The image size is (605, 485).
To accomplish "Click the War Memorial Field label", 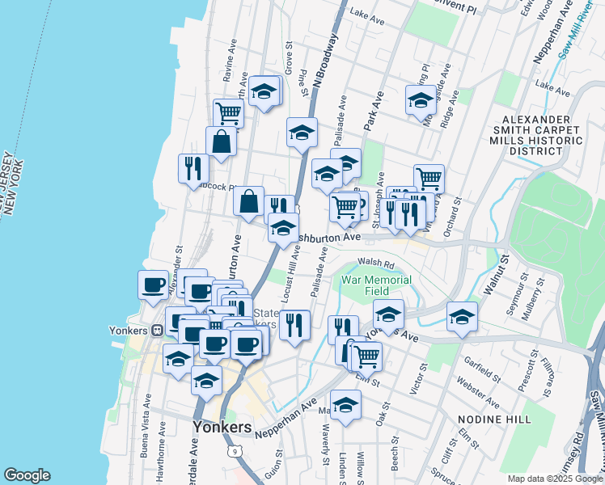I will [376, 285].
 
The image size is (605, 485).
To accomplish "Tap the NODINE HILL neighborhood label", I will [494, 419].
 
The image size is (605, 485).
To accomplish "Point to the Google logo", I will [27, 475].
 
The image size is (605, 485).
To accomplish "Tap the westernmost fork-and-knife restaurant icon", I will [192, 167].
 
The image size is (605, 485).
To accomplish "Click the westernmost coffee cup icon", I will [153, 284].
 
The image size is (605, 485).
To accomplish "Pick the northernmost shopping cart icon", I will [229, 113].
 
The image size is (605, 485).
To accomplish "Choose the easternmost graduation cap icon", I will [462, 316].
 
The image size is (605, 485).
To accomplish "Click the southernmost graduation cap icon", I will [345, 404].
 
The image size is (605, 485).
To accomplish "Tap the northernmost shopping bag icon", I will [221, 141].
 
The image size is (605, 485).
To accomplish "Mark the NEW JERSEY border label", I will [8, 182].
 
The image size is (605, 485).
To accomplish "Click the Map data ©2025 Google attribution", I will [555, 478].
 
